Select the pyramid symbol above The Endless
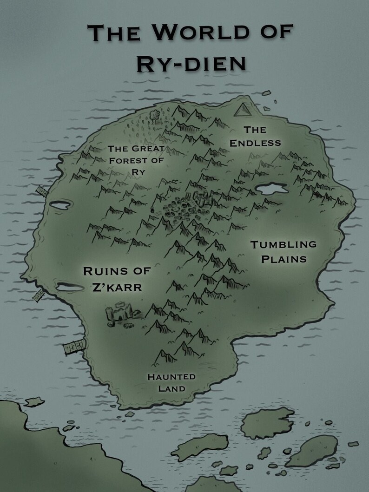pyautogui.click(x=243, y=110)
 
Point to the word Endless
pyautogui.click(x=256, y=143)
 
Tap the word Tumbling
pyautogui.click(x=283, y=244)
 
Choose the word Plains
pyautogui.click(x=283, y=259)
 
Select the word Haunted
pyautogui.click(x=171, y=377)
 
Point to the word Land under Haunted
pyautogui.click(x=171, y=388)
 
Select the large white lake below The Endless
pyautogui.click(x=272, y=189)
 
